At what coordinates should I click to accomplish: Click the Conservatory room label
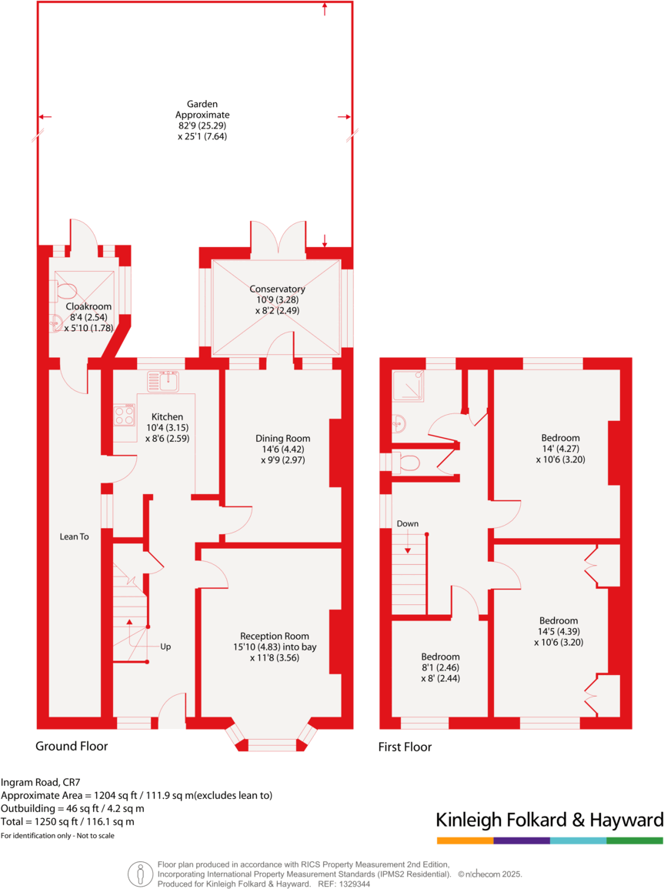coord(277,289)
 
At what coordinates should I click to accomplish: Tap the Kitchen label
coord(167,416)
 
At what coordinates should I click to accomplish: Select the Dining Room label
coord(282,438)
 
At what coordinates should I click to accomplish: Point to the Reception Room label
coord(275,636)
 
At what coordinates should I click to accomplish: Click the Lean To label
coord(69,536)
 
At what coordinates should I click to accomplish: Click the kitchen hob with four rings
coord(124,416)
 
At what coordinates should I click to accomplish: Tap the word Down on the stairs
coord(408,524)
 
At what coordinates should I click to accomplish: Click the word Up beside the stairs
coord(165,647)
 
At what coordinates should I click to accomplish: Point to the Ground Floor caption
coord(72,746)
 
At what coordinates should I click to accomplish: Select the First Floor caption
coord(405,747)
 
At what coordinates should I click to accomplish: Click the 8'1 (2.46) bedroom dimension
coord(440,668)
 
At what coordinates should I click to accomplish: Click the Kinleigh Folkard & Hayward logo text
coord(549,819)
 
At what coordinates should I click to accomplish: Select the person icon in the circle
coord(140,873)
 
